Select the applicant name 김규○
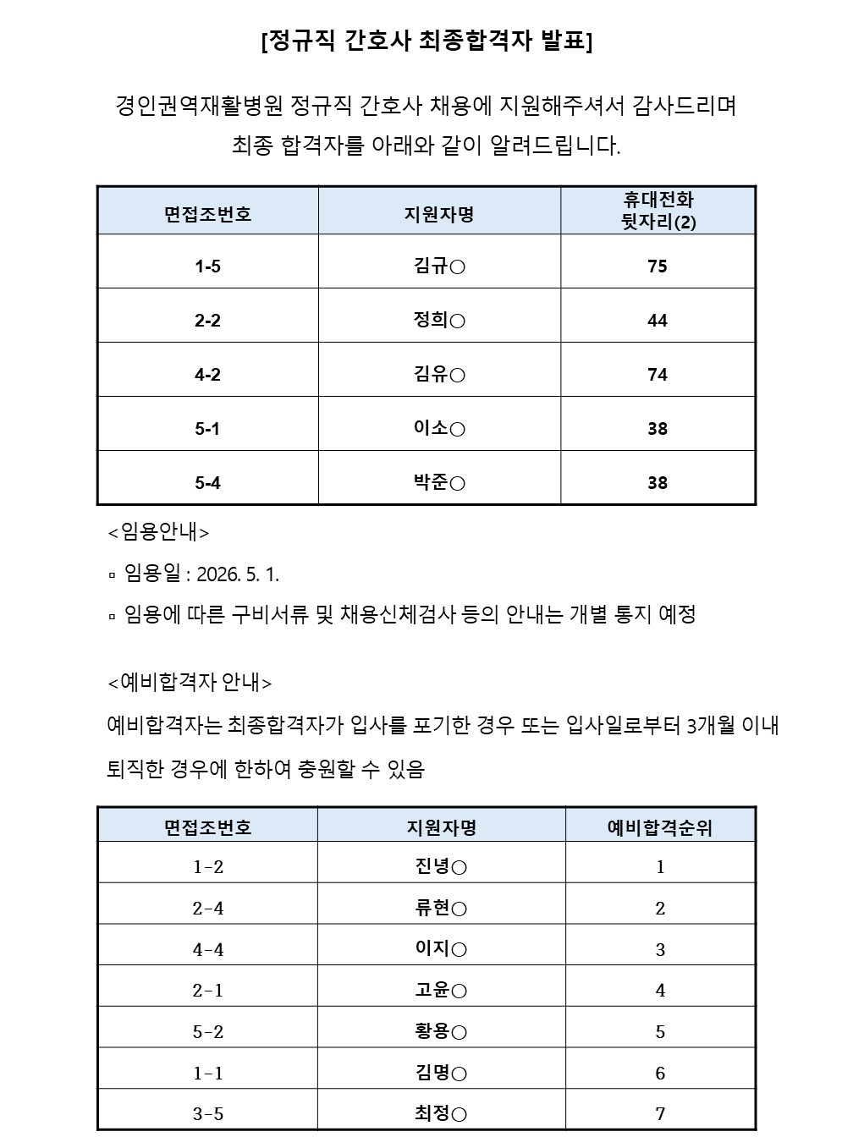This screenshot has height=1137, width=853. [x=439, y=266]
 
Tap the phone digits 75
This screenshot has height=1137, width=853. [x=658, y=266]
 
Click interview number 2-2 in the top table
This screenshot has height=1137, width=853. [x=207, y=321]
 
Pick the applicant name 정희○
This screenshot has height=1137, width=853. [x=439, y=321]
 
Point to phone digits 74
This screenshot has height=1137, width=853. [x=658, y=375]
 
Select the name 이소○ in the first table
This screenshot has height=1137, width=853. [x=439, y=429]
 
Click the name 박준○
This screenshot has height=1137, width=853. [x=439, y=483]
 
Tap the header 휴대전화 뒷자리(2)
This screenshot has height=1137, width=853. [x=658, y=211]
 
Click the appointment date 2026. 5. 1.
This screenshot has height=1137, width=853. [x=238, y=574]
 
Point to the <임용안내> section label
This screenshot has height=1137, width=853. [x=159, y=532]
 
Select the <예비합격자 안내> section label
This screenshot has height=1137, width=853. [x=190, y=682]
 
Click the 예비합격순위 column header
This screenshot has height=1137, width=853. [x=660, y=827]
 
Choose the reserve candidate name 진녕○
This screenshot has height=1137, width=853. [x=441, y=866]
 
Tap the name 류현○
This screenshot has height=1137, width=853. [x=441, y=909]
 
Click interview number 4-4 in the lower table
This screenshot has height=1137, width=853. [x=208, y=950]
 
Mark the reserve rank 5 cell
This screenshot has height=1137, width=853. [x=660, y=1032]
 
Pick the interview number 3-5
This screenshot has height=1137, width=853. [x=208, y=1114]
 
